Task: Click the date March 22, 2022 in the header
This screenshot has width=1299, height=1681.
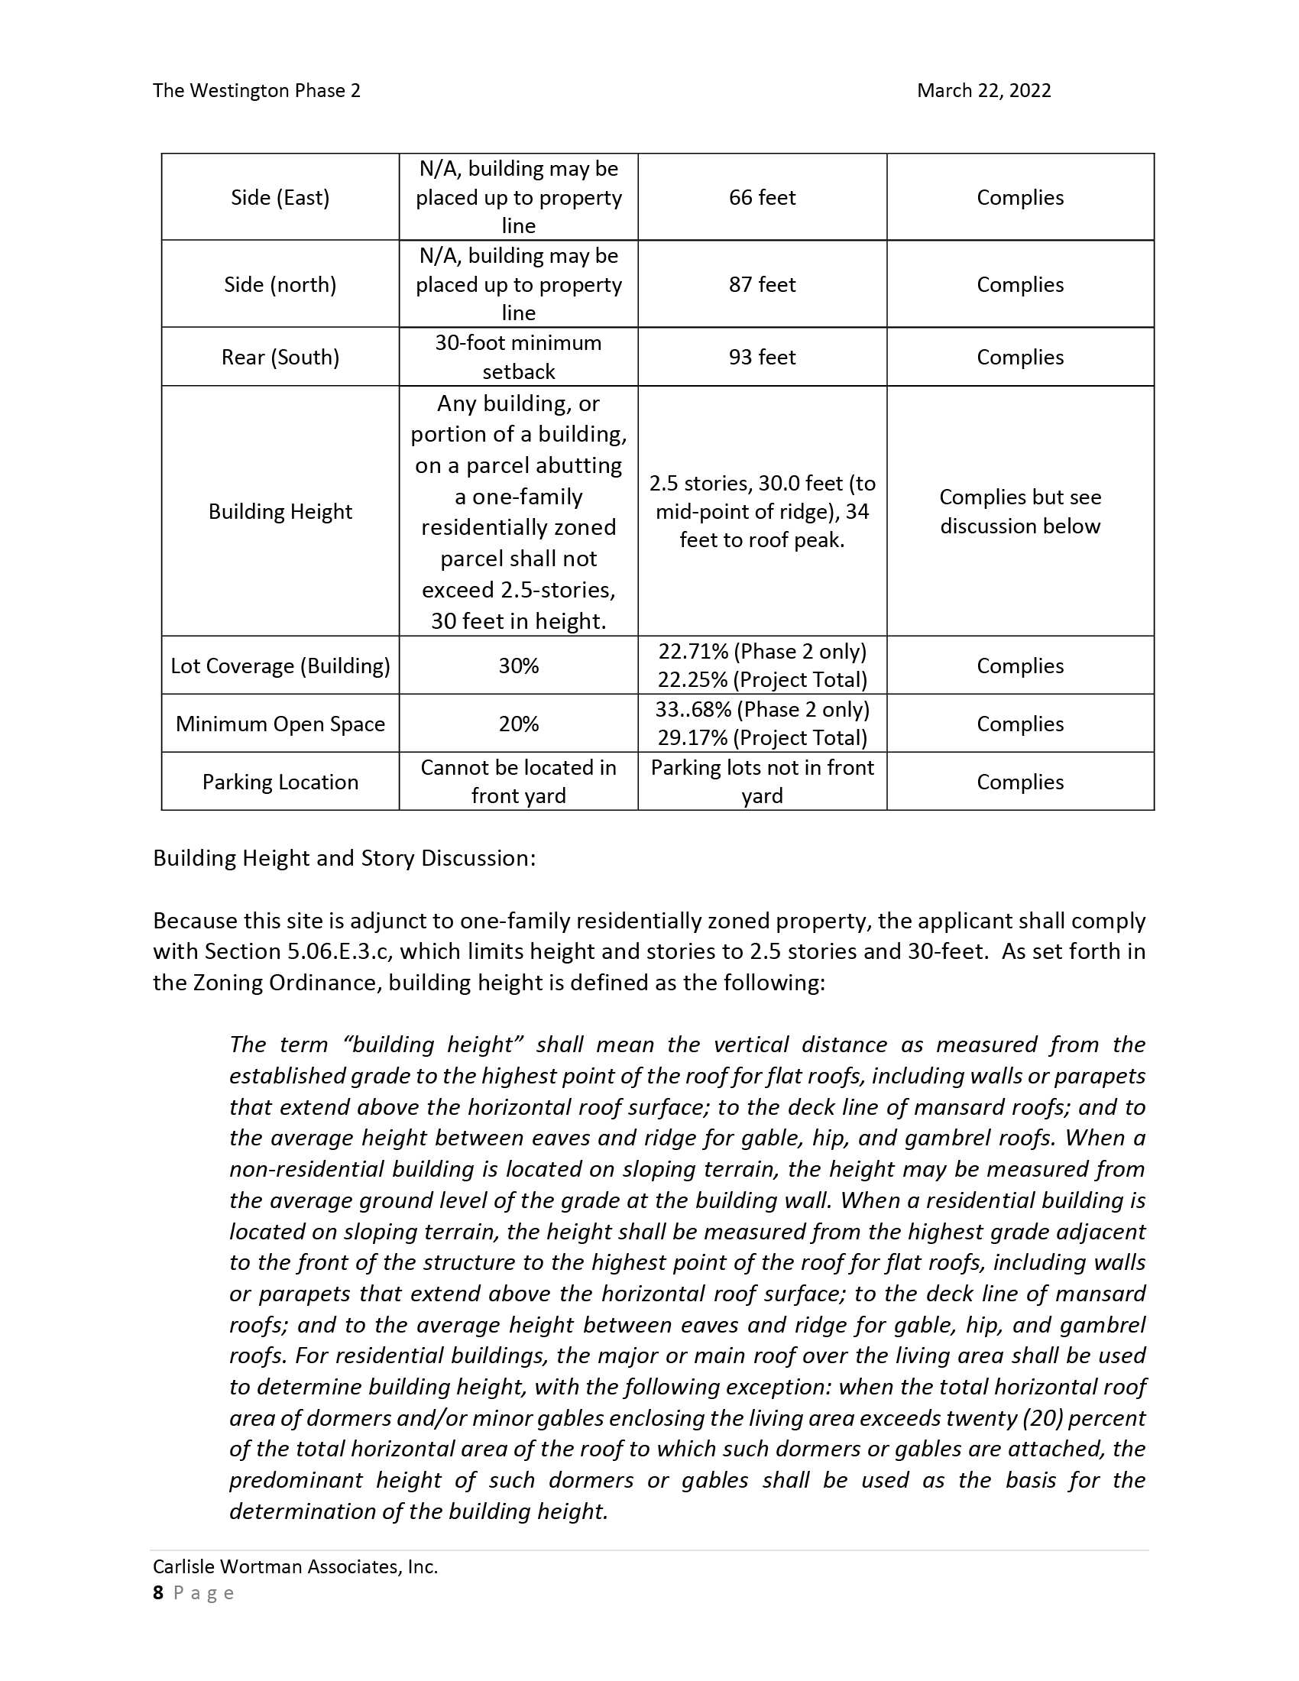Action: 983,91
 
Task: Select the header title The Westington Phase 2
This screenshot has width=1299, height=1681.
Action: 256,91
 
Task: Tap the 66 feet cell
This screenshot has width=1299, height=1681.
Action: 762,198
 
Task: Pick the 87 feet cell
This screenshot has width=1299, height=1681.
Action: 762,285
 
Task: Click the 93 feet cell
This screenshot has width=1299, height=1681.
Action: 762,357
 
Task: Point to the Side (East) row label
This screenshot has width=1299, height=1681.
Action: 280,198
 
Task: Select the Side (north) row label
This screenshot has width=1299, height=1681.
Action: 280,285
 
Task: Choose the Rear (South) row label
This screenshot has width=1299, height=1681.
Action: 280,357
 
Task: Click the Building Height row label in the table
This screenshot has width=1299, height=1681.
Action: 280,512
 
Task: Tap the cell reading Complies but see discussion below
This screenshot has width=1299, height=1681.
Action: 1019,512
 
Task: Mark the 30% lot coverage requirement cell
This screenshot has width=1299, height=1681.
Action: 518,666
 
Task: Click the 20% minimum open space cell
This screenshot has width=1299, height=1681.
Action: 518,724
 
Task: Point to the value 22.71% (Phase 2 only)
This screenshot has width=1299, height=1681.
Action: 762,652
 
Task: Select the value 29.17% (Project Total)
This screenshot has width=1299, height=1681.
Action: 762,738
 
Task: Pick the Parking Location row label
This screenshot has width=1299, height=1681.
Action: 280,782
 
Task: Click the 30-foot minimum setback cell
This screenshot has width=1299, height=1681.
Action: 518,357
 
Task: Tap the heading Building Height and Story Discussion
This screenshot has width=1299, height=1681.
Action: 344,858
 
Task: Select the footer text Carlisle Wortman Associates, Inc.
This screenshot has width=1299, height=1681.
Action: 296,1566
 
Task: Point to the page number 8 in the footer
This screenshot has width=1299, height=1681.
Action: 158,1592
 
